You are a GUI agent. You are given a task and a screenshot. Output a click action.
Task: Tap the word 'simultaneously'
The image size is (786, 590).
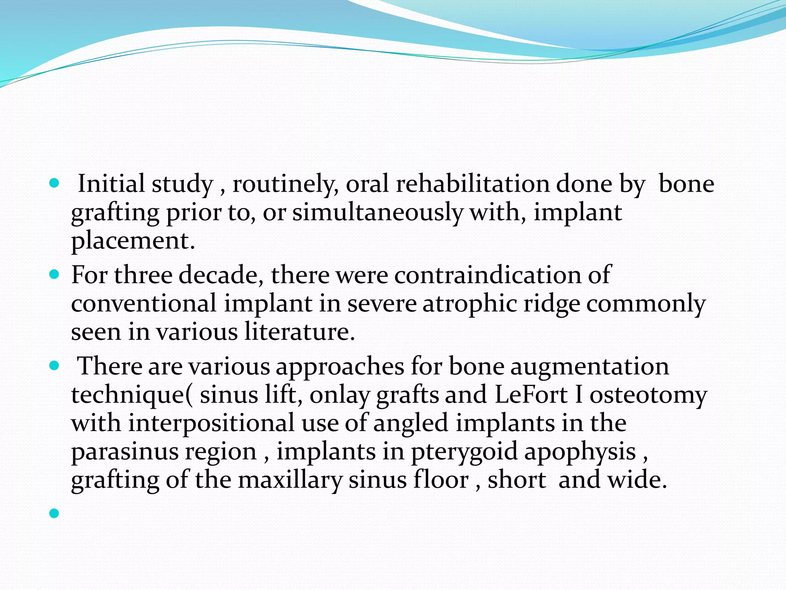(x=377, y=212)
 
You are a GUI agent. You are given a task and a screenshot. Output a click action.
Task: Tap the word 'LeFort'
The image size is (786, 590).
(x=531, y=394)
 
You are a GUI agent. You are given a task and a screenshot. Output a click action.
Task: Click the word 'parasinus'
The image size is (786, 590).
(x=125, y=451)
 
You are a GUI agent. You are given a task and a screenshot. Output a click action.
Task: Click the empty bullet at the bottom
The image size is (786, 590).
(x=54, y=513)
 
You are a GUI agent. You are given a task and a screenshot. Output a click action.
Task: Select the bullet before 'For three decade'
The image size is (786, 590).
(x=54, y=275)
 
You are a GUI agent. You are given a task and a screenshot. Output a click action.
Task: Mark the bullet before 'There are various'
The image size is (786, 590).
(x=54, y=366)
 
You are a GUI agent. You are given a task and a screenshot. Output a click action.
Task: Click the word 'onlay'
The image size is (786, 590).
(x=340, y=394)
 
